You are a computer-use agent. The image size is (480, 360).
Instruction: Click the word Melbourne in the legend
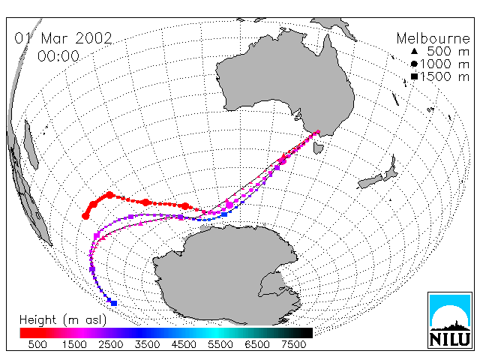(433, 38)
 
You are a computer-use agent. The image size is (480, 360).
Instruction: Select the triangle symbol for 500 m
(414, 52)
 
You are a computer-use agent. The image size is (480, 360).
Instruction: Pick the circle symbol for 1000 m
(414, 64)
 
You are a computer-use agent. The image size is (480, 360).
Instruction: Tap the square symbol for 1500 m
(414, 76)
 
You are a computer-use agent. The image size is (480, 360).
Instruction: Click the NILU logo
(450, 320)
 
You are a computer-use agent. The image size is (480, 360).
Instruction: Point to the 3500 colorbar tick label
(147, 345)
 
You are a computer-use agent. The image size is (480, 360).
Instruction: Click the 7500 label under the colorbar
(293, 345)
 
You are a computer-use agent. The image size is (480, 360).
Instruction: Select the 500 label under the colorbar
(37, 345)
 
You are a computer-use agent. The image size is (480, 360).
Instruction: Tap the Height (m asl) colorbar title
(63, 320)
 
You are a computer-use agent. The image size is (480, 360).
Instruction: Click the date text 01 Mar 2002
(63, 38)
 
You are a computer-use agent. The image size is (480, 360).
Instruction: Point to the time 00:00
(58, 56)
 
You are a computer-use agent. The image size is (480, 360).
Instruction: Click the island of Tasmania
(318, 147)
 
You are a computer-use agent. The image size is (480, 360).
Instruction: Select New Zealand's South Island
(370, 181)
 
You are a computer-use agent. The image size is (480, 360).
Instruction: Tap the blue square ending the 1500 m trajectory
(114, 303)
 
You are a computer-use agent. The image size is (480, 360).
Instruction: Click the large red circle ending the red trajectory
(85, 216)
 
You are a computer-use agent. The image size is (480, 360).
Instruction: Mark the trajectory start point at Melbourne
(318, 132)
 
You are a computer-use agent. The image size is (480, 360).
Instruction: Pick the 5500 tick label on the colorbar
(220, 345)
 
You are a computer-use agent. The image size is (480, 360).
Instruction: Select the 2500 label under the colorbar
(110, 345)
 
